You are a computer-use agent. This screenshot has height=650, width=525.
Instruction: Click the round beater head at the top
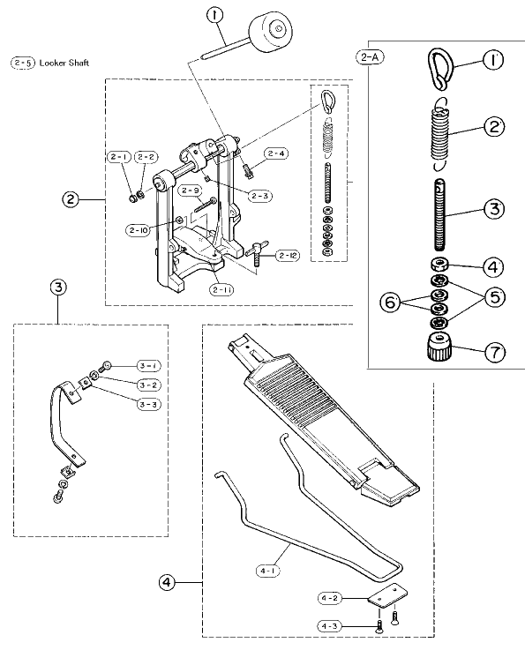click(270, 33)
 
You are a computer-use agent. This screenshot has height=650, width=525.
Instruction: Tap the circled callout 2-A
click(370, 56)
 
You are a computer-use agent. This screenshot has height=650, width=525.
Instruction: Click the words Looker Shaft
click(64, 63)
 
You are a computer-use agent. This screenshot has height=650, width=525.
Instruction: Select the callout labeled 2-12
click(288, 256)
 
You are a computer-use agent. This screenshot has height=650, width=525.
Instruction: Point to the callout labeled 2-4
click(276, 153)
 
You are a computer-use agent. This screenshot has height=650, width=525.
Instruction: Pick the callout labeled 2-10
click(139, 230)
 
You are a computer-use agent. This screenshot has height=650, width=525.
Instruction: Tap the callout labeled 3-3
click(149, 404)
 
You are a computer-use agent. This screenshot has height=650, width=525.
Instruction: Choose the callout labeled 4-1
click(268, 571)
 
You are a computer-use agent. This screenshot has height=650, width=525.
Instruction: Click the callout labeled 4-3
click(330, 626)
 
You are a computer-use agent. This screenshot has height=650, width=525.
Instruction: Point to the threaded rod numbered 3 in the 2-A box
click(439, 214)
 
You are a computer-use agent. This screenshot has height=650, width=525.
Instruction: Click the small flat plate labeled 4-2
click(386, 595)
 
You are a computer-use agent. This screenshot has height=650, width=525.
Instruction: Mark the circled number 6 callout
click(390, 303)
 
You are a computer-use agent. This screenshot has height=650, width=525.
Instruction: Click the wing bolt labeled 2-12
click(257, 253)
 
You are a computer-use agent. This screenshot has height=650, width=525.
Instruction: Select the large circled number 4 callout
click(166, 582)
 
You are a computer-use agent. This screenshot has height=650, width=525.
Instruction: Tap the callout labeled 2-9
click(190, 191)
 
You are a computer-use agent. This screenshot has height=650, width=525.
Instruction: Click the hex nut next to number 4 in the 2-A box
click(439, 264)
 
